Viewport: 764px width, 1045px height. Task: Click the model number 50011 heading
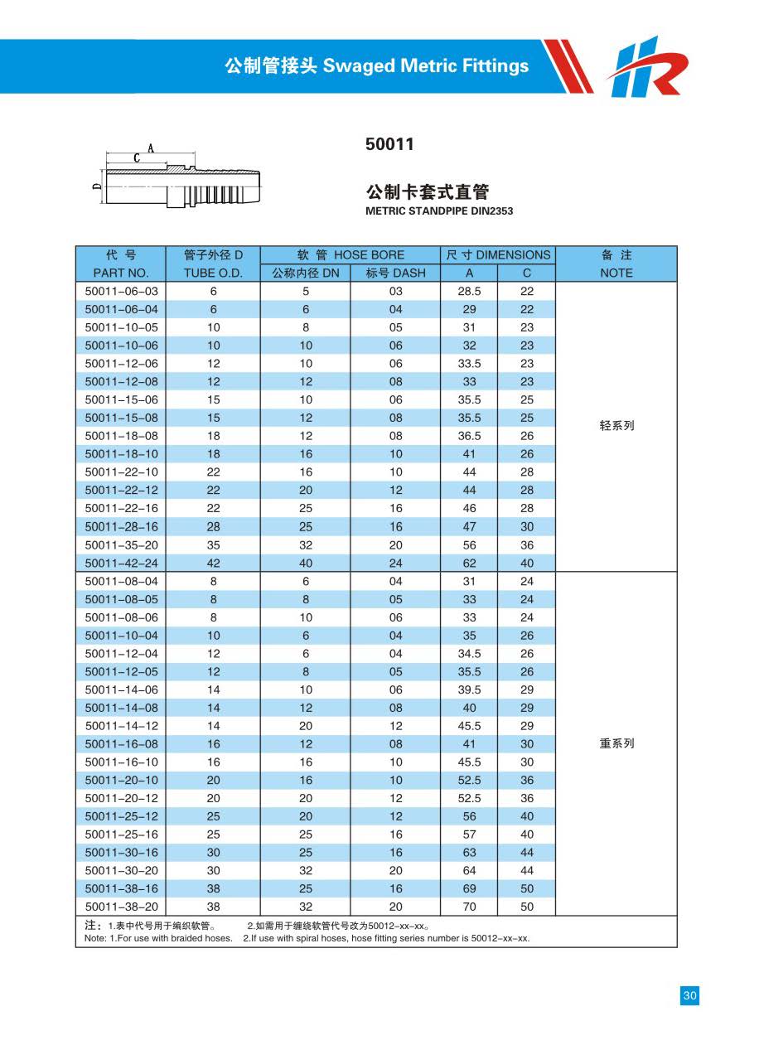pyautogui.click(x=389, y=144)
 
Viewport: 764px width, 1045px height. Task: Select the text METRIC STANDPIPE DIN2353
pyautogui.click(x=439, y=211)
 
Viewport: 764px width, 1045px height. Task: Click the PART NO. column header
pyautogui.click(x=121, y=273)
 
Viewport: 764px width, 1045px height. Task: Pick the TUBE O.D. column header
pyautogui.click(x=213, y=273)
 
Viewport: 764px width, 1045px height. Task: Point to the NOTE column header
pyautogui.click(x=616, y=273)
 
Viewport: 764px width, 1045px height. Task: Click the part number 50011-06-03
pyautogui.click(x=121, y=292)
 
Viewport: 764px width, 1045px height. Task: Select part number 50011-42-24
pyautogui.click(x=121, y=564)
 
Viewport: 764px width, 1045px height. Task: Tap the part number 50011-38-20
pyautogui.click(x=121, y=907)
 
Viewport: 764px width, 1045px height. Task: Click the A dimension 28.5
pyautogui.click(x=469, y=292)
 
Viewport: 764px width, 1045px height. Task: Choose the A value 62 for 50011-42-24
pyautogui.click(x=469, y=564)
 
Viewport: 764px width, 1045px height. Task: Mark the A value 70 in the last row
pyautogui.click(x=469, y=907)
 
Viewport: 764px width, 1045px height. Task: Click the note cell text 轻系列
pyautogui.click(x=617, y=426)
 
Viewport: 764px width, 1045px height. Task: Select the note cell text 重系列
pyautogui.click(x=617, y=743)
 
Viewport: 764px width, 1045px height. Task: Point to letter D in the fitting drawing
pyautogui.click(x=97, y=186)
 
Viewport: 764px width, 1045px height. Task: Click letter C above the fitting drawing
pyautogui.click(x=135, y=157)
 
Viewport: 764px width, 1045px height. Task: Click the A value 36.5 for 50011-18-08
pyautogui.click(x=469, y=436)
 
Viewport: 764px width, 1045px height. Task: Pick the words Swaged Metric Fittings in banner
pyautogui.click(x=426, y=66)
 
